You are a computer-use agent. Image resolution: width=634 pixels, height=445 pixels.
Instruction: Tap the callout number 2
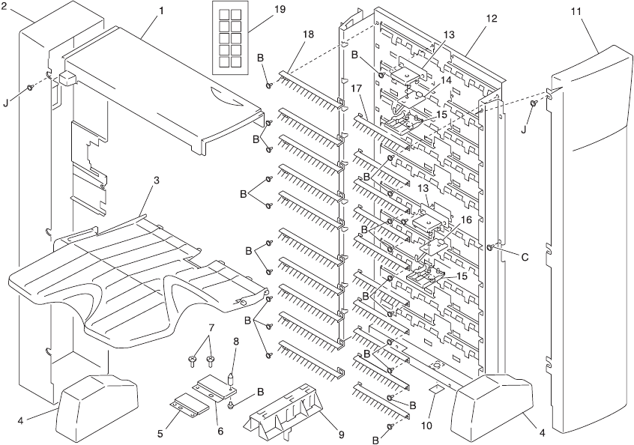4,6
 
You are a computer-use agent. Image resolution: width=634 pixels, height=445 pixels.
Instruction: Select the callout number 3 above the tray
157,181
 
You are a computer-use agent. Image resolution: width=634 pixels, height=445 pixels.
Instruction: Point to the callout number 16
465,220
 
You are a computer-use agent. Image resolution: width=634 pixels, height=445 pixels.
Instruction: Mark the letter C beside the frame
525,256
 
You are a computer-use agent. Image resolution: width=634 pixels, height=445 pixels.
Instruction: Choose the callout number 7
211,327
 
